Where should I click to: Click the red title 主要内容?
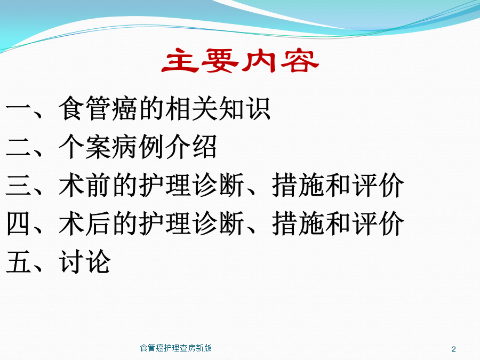click(x=241, y=61)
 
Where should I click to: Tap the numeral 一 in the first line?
click(x=19, y=108)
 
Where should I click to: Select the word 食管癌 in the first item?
click(x=99, y=108)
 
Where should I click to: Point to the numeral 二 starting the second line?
click(x=19, y=147)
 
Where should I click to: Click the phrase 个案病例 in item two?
click(x=112, y=147)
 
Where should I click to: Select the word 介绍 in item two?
click(x=191, y=147)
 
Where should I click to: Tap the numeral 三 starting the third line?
click(x=19, y=185)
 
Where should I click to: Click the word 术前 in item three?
click(x=85, y=185)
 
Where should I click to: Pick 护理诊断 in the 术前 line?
click(x=191, y=185)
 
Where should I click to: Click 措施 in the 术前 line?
click(x=298, y=185)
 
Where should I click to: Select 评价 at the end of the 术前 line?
click(x=378, y=185)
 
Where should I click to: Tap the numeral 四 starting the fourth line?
click(x=19, y=223)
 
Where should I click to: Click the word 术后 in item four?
click(x=85, y=223)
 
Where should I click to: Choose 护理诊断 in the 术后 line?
click(x=191, y=223)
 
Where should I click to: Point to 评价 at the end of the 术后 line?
click(x=378, y=223)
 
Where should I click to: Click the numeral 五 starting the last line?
click(x=19, y=262)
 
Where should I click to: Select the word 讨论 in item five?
click(x=85, y=261)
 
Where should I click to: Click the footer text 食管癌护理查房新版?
click(x=175, y=348)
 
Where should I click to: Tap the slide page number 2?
click(x=454, y=349)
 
